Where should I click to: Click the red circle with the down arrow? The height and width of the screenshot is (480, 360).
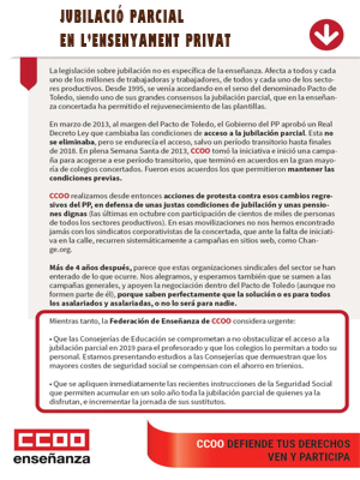click(326, 35)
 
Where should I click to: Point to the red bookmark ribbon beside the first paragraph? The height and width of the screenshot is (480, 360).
click(28, 73)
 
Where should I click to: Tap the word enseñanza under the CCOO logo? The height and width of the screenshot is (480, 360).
click(52, 459)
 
